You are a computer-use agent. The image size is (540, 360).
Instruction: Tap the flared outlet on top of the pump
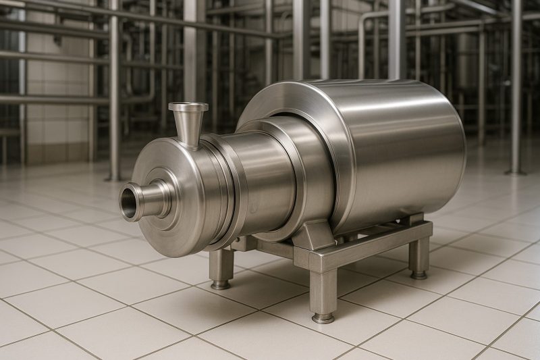tap(188, 108)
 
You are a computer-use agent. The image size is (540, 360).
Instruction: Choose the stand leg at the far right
tap(419, 257)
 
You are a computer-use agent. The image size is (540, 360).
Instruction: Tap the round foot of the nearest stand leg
tap(323, 317)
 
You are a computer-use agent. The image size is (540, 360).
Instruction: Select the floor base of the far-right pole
tap(516, 172)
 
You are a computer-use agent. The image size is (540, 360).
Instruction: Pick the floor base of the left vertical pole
tap(113, 177)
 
